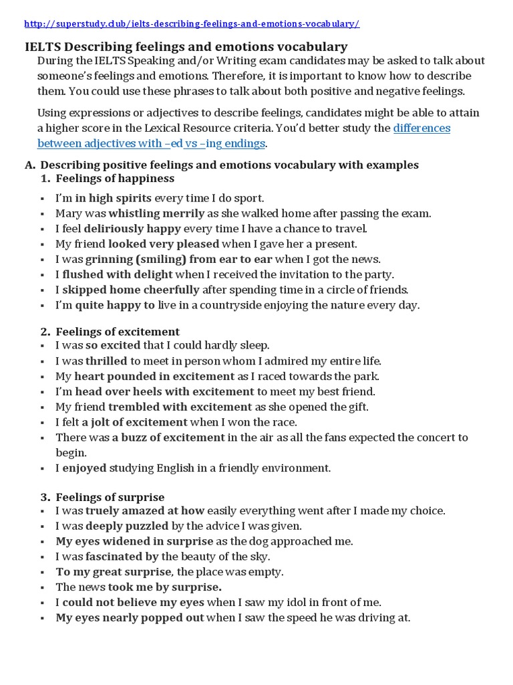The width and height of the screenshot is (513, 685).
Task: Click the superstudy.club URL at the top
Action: pyautogui.click(x=192, y=24)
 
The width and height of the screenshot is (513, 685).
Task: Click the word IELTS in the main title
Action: pyautogui.click(x=42, y=47)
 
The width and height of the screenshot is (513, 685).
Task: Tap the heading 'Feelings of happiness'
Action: pyautogui.click(x=115, y=179)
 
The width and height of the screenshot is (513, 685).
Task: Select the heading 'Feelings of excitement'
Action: pyautogui.click(x=118, y=332)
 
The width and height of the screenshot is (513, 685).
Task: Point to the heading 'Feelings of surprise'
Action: pyautogui.click(x=110, y=497)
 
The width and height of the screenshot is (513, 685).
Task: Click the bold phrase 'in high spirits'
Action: pyautogui.click(x=114, y=198)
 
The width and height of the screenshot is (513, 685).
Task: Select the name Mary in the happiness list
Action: pyautogui.click(x=68, y=213)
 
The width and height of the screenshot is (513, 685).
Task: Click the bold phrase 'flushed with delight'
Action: pyautogui.click(x=118, y=274)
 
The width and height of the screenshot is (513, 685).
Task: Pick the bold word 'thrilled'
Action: pyautogui.click(x=106, y=361)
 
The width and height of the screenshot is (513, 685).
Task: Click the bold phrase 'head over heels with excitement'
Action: pyautogui.click(x=164, y=391)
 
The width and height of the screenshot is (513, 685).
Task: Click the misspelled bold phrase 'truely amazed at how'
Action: pyautogui.click(x=145, y=511)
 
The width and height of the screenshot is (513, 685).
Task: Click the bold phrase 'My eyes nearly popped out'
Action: pyautogui.click(x=130, y=618)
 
